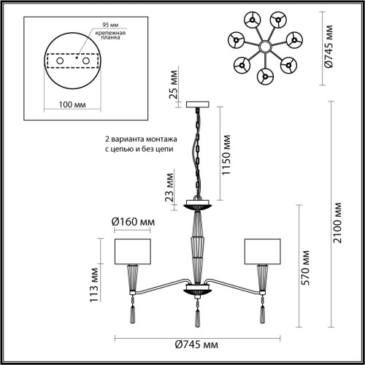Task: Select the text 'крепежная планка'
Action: click(107, 39)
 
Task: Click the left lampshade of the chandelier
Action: click(132, 252)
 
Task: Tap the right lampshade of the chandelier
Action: click(263, 252)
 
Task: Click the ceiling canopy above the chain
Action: click(198, 107)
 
